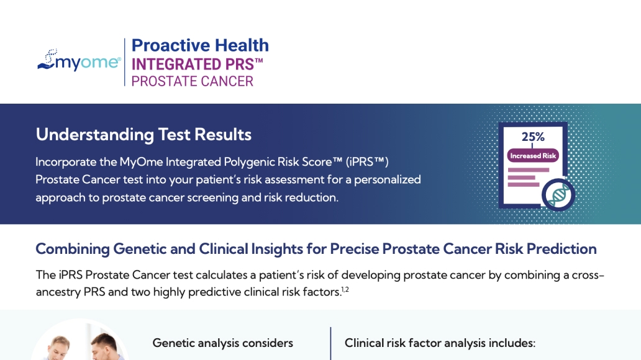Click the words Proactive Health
(200, 45)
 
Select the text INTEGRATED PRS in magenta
(193, 65)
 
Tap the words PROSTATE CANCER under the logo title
(192, 81)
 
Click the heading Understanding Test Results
(143, 135)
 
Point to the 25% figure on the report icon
(533, 137)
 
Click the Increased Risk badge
(533, 156)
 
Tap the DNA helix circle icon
(558, 195)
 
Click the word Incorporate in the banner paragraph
(66, 162)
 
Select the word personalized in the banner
(387, 180)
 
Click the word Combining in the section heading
(72, 249)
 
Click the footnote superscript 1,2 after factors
(345, 289)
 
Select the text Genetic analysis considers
(223, 343)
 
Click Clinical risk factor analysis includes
(440, 343)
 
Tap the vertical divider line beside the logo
(125, 62)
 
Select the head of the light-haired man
(60, 346)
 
